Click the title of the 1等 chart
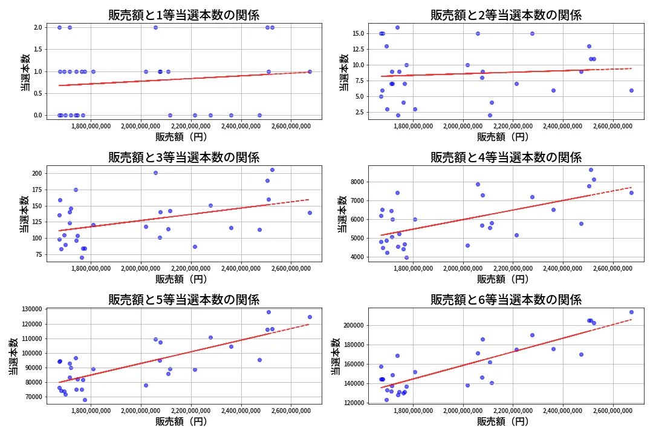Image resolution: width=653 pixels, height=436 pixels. pyautogui.click(x=184, y=15)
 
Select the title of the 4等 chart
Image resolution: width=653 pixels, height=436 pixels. pyautogui.click(x=505, y=157)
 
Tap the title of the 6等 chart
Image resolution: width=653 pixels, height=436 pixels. pyautogui.click(x=505, y=300)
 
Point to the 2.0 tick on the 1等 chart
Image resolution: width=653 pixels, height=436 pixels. pyautogui.click(x=37, y=27)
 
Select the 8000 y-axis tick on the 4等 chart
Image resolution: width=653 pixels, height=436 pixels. pyautogui.click(x=357, y=182)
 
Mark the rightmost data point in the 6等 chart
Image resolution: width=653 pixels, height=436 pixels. pyautogui.click(x=631, y=312)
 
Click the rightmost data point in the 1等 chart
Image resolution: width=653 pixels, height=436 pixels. pyautogui.click(x=310, y=71)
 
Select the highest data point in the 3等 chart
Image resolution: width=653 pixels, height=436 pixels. pyautogui.click(x=272, y=170)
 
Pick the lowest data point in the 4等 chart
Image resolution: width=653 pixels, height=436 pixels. pyautogui.click(x=406, y=257)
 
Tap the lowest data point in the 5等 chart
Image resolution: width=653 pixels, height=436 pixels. pyautogui.click(x=85, y=400)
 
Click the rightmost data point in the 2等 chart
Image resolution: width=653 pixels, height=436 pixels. pyautogui.click(x=631, y=90)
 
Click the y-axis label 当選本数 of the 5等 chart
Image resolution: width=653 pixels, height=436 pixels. pyautogui.click(x=13, y=356)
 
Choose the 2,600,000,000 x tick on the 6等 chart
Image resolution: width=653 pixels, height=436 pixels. pyautogui.click(x=613, y=411)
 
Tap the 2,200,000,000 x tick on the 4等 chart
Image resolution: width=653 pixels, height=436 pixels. pyautogui.click(x=513, y=268)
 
